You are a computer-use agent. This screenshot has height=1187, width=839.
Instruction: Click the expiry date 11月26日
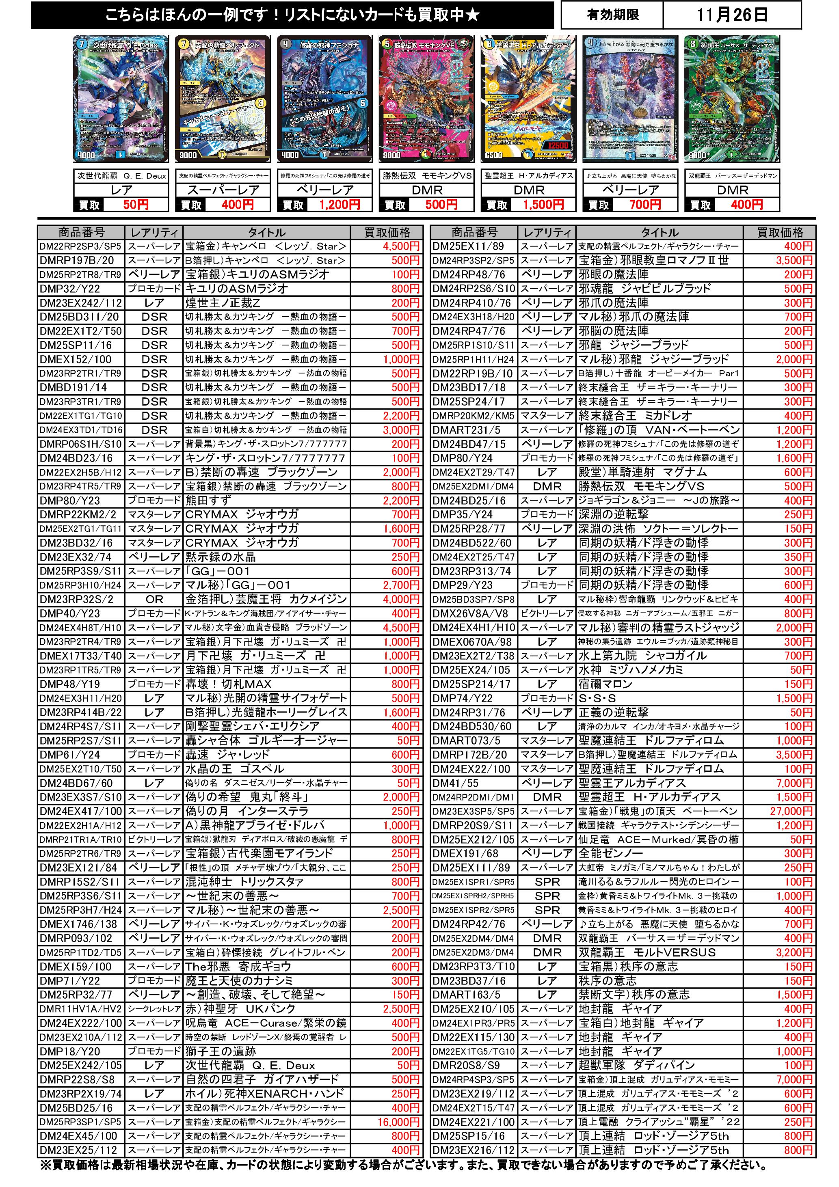[731, 15]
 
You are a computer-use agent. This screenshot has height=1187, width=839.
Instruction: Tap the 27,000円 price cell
[791, 811]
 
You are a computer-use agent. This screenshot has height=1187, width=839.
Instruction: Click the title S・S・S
[597, 698]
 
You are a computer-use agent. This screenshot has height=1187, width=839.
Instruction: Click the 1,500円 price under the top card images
[543, 205]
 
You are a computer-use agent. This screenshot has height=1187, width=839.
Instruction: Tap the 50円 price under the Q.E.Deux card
[136, 205]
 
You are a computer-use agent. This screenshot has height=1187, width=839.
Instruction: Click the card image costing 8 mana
[731, 99]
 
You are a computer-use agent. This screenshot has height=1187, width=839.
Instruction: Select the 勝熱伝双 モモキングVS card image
[426, 99]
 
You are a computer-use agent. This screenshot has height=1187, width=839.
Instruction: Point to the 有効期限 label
[612, 15]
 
